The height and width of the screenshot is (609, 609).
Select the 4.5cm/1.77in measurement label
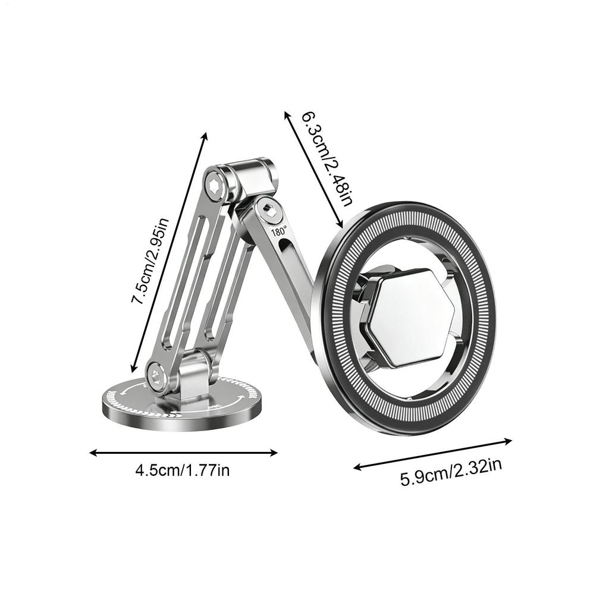pos(183,471)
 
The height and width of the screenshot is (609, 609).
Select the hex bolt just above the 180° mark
pos(268,209)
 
